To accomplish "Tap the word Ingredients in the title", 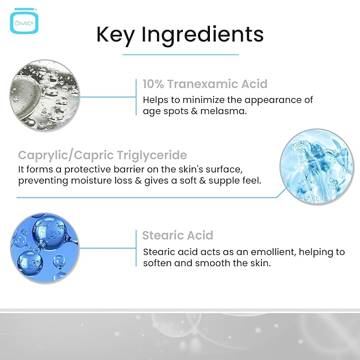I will (x=207, y=35).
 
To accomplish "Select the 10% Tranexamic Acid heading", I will (x=205, y=84).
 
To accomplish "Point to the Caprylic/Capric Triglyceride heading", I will (x=102, y=155).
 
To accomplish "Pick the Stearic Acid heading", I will (x=178, y=235).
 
